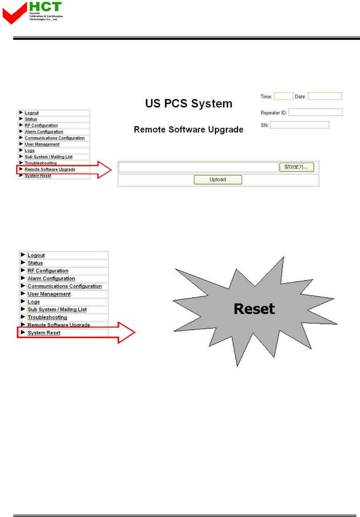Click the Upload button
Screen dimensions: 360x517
pyautogui.click(x=218, y=179)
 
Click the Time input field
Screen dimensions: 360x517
pyautogui.click(x=283, y=96)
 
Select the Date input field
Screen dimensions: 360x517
pyautogui.click(x=325, y=96)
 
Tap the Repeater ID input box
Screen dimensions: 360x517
pyautogui.click(x=315, y=112)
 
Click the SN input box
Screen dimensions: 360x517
pyautogui.click(x=299, y=125)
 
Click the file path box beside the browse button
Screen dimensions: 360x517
pyautogui.click(x=198, y=167)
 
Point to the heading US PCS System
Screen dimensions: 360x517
pyautogui.click(x=188, y=104)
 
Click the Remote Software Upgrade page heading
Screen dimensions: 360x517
pyautogui.click(x=188, y=129)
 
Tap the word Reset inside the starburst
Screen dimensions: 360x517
pyautogui.click(x=254, y=309)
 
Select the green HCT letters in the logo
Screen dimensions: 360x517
pyautogui.click(x=45, y=7)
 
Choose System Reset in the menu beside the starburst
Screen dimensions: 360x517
pyautogui.click(x=44, y=333)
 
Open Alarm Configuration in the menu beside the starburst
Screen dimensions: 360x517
pyautogui.click(x=51, y=279)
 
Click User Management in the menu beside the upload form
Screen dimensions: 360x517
pyautogui.click(x=42, y=144)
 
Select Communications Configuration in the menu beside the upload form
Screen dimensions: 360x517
pyautogui.click(x=55, y=138)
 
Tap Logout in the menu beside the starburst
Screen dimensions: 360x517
pyautogui.click(x=36, y=255)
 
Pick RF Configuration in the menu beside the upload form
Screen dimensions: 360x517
pyautogui.click(x=41, y=125)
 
